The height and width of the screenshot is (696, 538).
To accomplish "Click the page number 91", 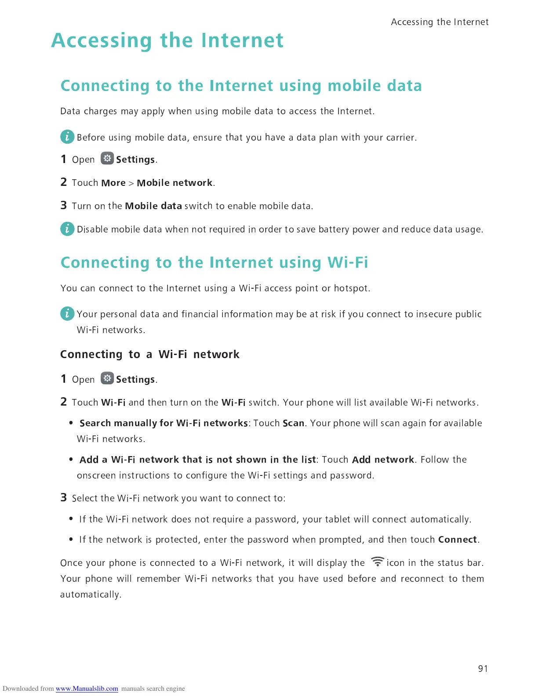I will (x=483, y=668).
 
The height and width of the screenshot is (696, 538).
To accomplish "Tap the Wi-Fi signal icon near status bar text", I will (x=377, y=562).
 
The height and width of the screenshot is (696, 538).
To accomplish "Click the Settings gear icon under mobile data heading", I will (x=107, y=158).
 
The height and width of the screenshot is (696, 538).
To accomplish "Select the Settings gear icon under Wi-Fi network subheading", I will (x=107, y=378).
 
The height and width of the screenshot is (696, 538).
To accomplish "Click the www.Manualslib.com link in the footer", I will (x=87, y=689).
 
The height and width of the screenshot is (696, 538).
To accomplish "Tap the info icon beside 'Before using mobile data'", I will (x=67, y=137).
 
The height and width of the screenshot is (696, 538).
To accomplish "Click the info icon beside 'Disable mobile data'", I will (x=67, y=228).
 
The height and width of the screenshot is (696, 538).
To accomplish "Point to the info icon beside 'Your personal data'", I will (x=67, y=313).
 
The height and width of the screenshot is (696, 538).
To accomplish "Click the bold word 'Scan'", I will (x=293, y=423).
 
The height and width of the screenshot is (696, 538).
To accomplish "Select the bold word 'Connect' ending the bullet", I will (x=457, y=540).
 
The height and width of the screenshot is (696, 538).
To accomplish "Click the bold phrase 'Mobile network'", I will (x=174, y=183).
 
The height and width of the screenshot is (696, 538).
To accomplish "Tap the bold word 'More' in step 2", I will (x=113, y=183).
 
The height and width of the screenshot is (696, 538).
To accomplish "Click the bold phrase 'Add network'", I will (x=383, y=460).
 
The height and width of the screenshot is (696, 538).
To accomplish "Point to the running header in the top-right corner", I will (x=440, y=22).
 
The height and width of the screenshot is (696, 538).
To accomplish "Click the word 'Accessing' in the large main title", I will (x=102, y=40).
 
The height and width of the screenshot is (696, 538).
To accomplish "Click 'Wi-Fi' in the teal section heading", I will (x=348, y=262).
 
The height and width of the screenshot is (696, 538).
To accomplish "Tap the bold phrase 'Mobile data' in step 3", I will (x=153, y=206).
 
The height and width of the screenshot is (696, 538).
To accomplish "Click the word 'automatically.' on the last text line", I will (x=91, y=594).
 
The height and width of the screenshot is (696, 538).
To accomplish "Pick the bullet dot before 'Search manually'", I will (x=71, y=423).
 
